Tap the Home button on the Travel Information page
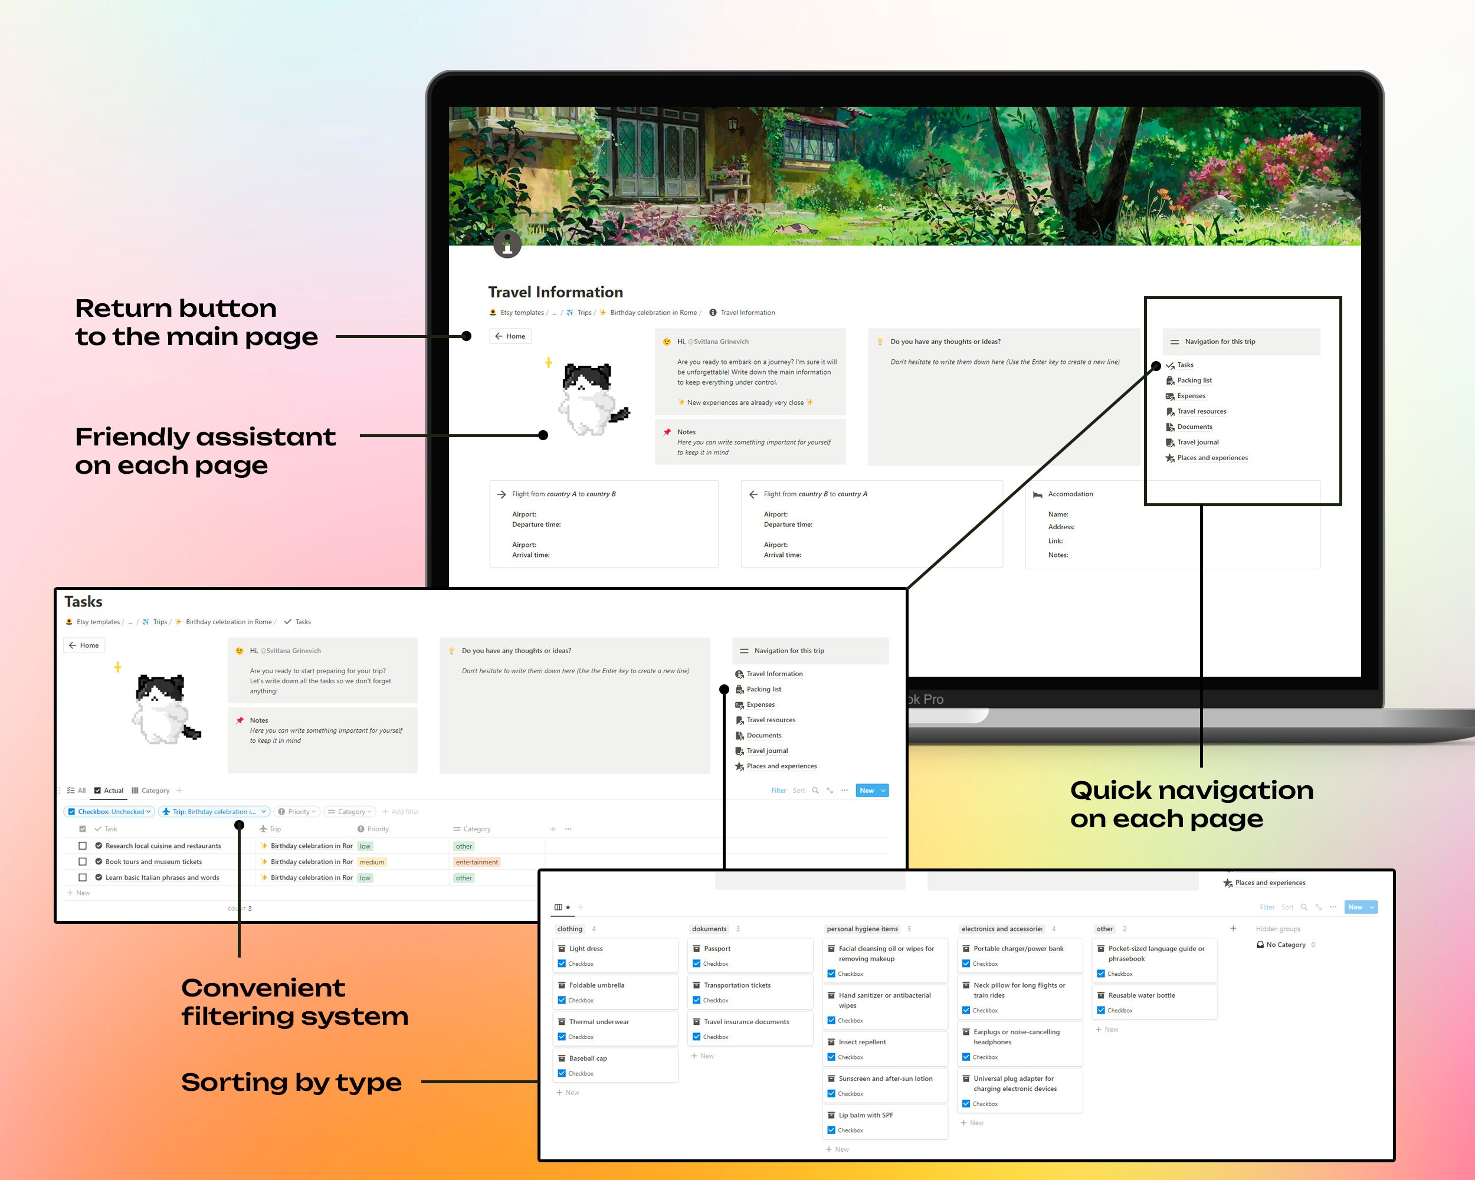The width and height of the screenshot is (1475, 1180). pos(510,336)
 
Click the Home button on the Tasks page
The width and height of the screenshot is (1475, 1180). pos(84,645)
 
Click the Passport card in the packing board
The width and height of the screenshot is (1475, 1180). pos(717,949)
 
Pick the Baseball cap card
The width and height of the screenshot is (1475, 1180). pos(588,1058)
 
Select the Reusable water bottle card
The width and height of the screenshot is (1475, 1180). pos(1141,995)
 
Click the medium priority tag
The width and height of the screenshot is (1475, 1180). pos(372,862)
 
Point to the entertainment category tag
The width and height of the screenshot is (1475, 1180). pos(477,862)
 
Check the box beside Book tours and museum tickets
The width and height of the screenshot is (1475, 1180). pos(83,862)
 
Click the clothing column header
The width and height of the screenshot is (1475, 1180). pos(569,929)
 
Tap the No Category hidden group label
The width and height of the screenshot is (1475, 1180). pos(1285,945)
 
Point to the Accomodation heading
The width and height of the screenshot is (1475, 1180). pos(1070,494)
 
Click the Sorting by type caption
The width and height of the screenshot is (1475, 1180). pos(291,1082)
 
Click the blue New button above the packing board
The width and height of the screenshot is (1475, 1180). pos(1355,907)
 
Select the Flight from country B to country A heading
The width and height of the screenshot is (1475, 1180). pos(815,494)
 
